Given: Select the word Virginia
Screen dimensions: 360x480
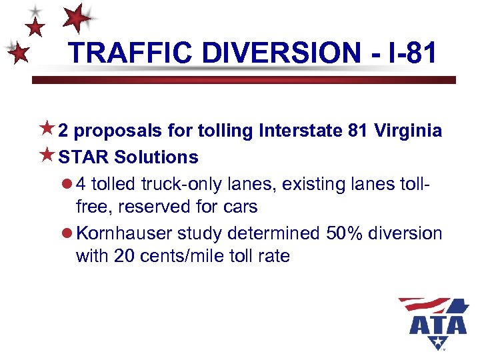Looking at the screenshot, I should pos(409,131).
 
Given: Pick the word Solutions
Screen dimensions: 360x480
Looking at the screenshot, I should pos(156,157).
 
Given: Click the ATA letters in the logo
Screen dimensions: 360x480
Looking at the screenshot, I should pos(438,325).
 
